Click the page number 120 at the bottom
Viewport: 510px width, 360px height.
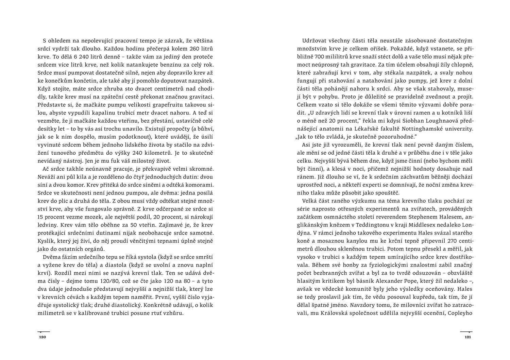tap(42, 337)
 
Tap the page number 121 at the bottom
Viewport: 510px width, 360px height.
tap(467, 337)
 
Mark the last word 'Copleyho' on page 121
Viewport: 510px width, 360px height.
tap(460, 313)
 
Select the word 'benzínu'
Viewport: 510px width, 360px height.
tap(175, 64)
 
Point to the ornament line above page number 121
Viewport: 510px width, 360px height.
tap(466, 332)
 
